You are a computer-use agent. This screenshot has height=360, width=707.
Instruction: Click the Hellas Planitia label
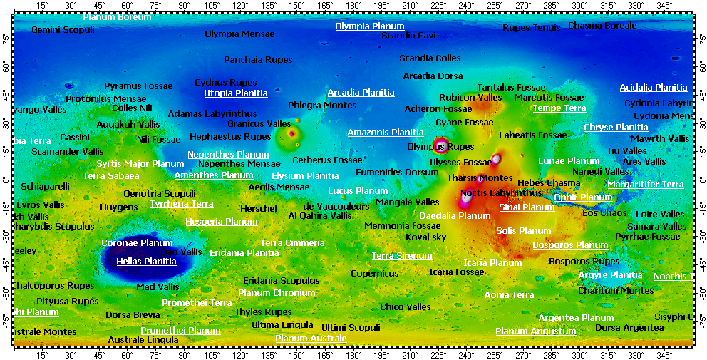point(146,262)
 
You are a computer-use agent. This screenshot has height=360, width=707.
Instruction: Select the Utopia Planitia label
point(236,93)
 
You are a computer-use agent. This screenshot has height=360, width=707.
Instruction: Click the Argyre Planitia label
point(610,275)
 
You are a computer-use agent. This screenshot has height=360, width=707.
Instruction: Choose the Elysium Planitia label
point(305,176)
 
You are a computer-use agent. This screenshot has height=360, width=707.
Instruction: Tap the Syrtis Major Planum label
point(140,164)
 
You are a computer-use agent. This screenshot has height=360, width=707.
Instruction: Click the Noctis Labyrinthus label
point(501,193)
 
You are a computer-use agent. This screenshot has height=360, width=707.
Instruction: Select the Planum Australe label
point(311,339)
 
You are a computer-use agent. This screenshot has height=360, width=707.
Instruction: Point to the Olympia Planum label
point(370,26)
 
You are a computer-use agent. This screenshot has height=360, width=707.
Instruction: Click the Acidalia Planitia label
point(654,88)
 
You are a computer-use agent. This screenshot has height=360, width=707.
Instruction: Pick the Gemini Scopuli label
point(63,30)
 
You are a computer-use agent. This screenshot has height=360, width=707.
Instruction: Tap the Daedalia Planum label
point(455,216)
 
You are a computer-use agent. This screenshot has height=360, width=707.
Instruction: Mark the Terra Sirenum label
point(402,256)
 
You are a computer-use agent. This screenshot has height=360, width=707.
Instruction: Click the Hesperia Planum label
point(222,222)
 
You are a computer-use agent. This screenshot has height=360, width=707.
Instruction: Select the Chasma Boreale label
point(602,26)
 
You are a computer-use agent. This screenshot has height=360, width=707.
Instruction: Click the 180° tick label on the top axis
point(353,5)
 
